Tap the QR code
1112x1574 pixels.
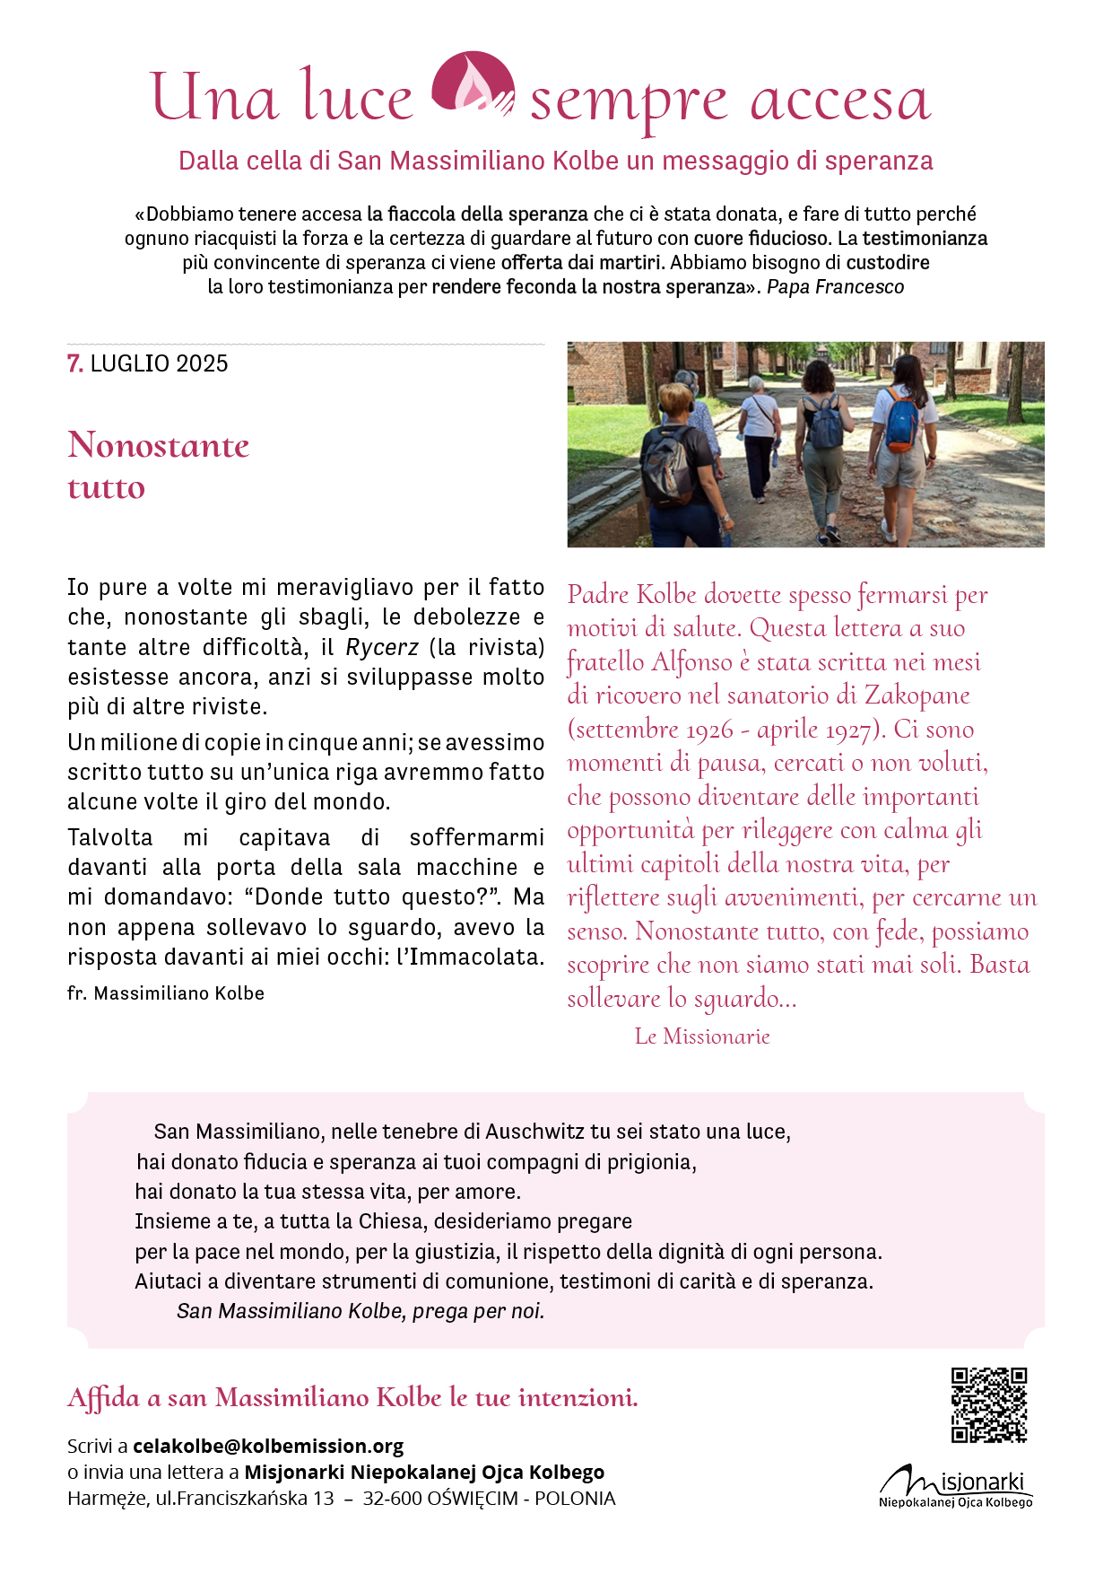tap(989, 1404)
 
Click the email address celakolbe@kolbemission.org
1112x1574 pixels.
tap(268, 1446)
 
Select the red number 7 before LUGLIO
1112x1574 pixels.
tap(74, 363)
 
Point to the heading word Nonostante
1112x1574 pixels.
tap(159, 445)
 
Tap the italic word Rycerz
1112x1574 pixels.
tap(382, 647)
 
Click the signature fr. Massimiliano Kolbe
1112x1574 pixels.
tap(166, 993)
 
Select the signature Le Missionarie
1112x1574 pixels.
tap(702, 1036)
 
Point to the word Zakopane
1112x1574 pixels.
tap(917, 695)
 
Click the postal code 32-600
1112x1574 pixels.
tap(392, 1498)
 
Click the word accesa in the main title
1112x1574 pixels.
tap(840, 99)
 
